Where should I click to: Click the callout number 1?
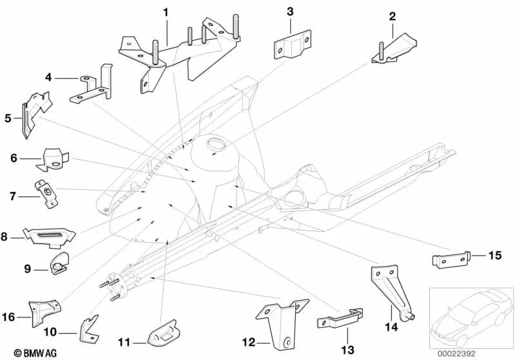(x=166, y=12)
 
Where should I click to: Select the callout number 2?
(x=391, y=16)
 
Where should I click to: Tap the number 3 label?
(x=290, y=12)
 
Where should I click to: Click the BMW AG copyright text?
(x=24, y=353)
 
